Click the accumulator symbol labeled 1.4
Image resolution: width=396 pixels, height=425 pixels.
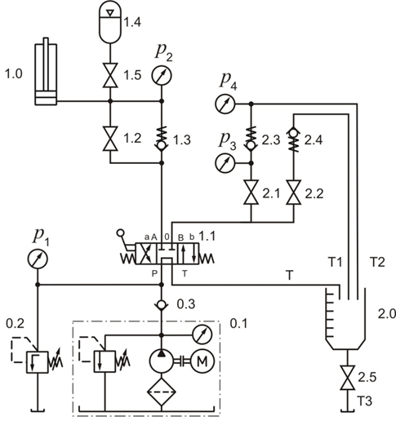pyautogui.click(x=110, y=22)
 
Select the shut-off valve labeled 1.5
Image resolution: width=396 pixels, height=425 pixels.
pyautogui.click(x=110, y=75)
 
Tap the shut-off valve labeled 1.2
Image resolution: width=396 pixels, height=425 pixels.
pyautogui.click(x=110, y=139)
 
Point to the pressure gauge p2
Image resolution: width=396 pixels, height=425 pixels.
pyautogui.click(x=162, y=76)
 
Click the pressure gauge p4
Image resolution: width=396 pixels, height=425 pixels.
pyautogui.click(x=225, y=104)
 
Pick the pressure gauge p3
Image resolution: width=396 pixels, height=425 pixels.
pyautogui.click(x=225, y=163)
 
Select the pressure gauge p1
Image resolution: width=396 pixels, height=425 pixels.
pyautogui.click(x=38, y=259)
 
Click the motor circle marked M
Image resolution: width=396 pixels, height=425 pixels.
pyautogui.click(x=202, y=361)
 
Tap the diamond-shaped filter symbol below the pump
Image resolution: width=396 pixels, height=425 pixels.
pyautogui.click(x=162, y=392)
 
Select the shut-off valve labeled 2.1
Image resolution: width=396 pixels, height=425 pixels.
pyautogui.click(x=251, y=193)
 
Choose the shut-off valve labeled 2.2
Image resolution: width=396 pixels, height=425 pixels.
pyautogui.click(x=293, y=193)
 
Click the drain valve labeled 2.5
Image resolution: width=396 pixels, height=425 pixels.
pyautogui.click(x=347, y=378)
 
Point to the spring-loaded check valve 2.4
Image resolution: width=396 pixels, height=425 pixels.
pyautogui.click(x=293, y=139)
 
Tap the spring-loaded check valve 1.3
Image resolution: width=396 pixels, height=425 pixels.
pyautogui.click(x=162, y=138)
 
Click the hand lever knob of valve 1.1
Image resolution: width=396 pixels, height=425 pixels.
pyautogui.click(x=120, y=232)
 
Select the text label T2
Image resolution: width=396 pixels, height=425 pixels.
pyautogui.click(x=377, y=262)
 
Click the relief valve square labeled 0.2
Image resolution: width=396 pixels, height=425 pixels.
pyautogui.click(x=38, y=362)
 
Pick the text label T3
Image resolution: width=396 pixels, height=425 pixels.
pyautogui.click(x=364, y=401)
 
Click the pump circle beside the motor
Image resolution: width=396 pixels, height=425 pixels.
pyautogui.click(x=162, y=361)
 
